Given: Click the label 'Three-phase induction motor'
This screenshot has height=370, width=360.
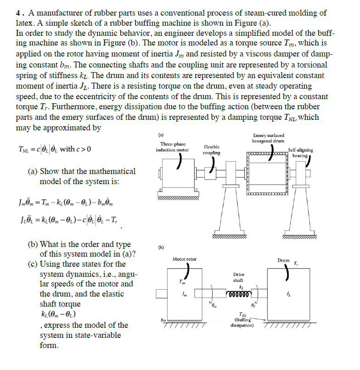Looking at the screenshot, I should pyautogui.click(x=172, y=147).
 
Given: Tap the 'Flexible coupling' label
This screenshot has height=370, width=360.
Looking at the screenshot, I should pyautogui.click(x=211, y=150).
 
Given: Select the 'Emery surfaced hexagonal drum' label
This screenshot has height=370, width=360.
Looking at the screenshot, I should pyautogui.click(x=268, y=138).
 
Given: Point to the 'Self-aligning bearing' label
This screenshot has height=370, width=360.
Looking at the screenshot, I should pyautogui.click(x=301, y=152).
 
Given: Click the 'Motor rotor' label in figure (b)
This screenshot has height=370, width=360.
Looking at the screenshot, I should pyautogui.click(x=184, y=259).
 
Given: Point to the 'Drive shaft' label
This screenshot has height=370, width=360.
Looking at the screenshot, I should pyautogui.click(x=238, y=277).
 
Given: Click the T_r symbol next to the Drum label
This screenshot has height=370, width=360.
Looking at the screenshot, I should pyautogui.click(x=296, y=264).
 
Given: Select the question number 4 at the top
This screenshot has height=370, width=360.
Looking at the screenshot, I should pyautogui.click(x=18, y=13).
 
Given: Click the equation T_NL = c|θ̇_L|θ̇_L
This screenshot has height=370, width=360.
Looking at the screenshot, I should pyautogui.click(x=54, y=149).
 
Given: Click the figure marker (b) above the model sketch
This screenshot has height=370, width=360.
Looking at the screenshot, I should pyautogui.click(x=160, y=249).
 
